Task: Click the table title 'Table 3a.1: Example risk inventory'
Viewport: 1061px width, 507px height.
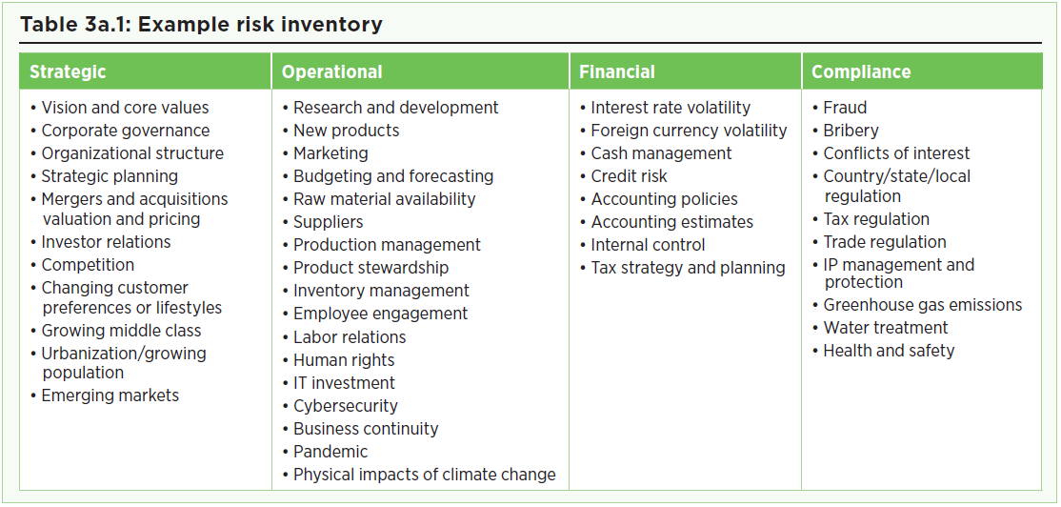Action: click(x=202, y=25)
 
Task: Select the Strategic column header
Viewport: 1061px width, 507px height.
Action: click(x=68, y=71)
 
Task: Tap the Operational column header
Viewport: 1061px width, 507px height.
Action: click(x=332, y=71)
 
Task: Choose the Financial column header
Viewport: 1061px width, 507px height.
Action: click(x=617, y=71)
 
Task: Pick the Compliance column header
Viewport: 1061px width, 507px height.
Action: click(x=861, y=71)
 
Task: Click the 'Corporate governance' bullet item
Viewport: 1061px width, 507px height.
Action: click(x=126, y=130)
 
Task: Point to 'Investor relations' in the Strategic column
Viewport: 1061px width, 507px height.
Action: click(x=107, y=242)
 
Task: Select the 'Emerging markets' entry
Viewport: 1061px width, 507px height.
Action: click(x=110, y=395)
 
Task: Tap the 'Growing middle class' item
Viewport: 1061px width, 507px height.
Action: click(x=121, y=331)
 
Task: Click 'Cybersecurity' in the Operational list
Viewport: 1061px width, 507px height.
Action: click(x=346, y=405)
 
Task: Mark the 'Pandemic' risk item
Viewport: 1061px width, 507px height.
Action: click(x=330, y=452)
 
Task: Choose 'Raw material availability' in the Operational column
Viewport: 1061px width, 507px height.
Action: click(x=385, y=199)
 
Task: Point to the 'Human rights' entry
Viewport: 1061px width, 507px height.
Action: click(x=344, y=360)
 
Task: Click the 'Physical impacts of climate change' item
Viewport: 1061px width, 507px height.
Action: click(x=424, y=475)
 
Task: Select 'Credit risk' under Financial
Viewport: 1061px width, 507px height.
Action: click(x=630, y=176)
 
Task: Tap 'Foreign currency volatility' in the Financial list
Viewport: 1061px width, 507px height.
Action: click(x=689, y=131)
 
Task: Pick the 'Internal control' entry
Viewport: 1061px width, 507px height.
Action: click(x=649, y=244)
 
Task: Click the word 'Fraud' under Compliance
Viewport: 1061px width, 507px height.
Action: click(x=845, y=108)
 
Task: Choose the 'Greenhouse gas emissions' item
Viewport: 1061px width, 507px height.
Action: click(x=923, y=305)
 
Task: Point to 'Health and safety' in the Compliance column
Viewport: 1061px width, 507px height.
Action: click(x=890, y=351)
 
